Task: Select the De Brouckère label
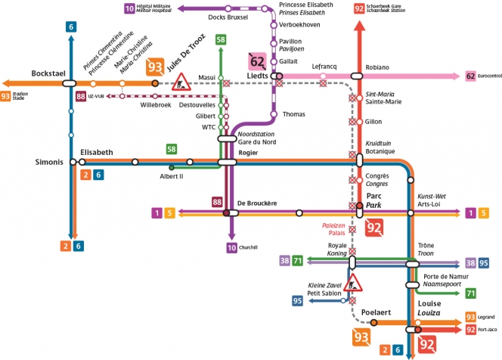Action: point(257,203)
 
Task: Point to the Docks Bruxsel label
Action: point(228,17)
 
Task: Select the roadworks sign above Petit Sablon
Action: point(353,283)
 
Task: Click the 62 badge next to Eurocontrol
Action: point(470,76)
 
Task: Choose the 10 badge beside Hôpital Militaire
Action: point(129,8)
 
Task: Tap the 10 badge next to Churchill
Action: point(231,247)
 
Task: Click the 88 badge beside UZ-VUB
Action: point(81,97)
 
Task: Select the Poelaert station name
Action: point(376,312)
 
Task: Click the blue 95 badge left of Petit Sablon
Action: point(297,301)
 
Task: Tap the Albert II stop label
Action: point(172,175)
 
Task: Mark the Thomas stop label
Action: point(293,114)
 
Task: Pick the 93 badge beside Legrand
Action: point(470,316)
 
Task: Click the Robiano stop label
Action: point(376,67)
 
